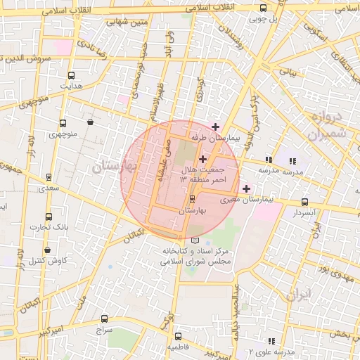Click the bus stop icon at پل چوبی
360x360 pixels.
[x=263, y=8]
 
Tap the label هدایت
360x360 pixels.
[x=70, y=86]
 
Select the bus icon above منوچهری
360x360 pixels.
[x=63, y=123]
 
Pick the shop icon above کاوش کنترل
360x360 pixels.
[x=47, y=250]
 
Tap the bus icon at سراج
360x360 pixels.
[x=105, y=319]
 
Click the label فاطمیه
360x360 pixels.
[x=177, y=347]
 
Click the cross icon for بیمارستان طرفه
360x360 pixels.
[x=215, y=127]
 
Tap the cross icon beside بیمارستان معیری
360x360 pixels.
[x=246, y=188]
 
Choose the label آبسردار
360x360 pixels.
[x=304, y=212]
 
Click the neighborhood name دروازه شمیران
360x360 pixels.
[x=325, y=125]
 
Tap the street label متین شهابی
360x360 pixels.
[x=127, y=22]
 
